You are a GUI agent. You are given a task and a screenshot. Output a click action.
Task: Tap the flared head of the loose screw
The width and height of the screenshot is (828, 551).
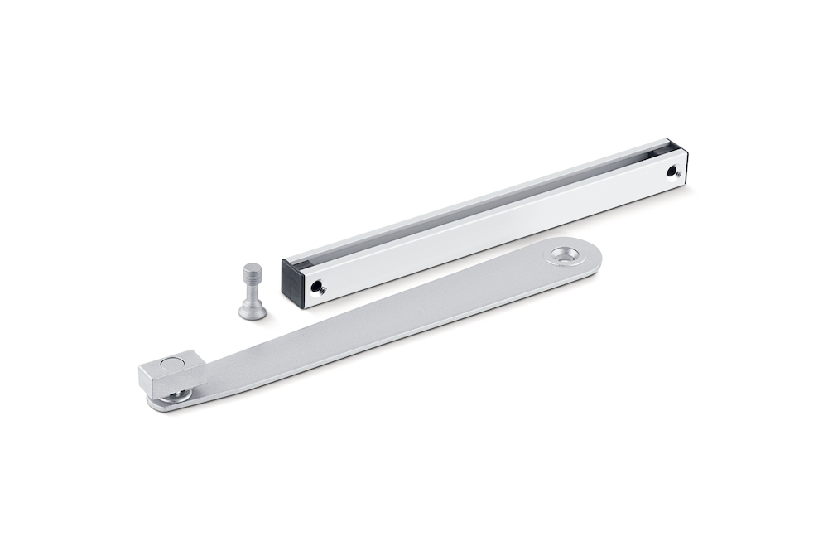[x=253, y=312]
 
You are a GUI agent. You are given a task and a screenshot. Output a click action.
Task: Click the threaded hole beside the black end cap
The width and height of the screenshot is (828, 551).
[x=317, y=288]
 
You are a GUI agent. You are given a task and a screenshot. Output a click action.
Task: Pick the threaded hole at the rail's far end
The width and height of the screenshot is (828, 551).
[x=672, y=172]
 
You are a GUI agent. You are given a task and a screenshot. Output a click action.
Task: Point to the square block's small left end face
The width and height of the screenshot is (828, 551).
[x=148, y=382]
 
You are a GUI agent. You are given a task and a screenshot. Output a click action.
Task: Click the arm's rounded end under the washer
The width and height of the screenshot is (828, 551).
[x=166, y=407]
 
